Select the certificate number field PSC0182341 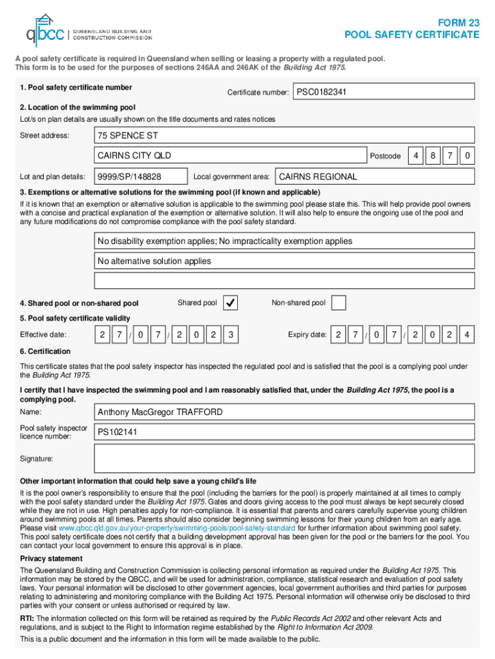pyautogui.click(x=383, y=93)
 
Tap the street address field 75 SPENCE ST pyautogui.click(x=284, y=135)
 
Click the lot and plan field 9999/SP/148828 pyautogui.click(x=141, y=176)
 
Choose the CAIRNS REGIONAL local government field pyautogui.click(x=374, y=176)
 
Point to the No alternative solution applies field pyautogui.click(x=284, y=261)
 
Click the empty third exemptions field pyautogui.click(x=284, y=281)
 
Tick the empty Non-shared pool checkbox pyautogui.click(x=339, y=303)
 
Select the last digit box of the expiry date pyautogui.click(x=467, y=335)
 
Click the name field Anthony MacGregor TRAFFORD pyautogui.click(x=284, y=413)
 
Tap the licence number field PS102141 pyautogui.click(x=284, y=432)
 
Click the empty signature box pyautogui.click(x=284, y=459)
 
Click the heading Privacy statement pyautogui.click(x=51, y=559)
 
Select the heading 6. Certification pyautogui.click(x=46, y=351)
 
